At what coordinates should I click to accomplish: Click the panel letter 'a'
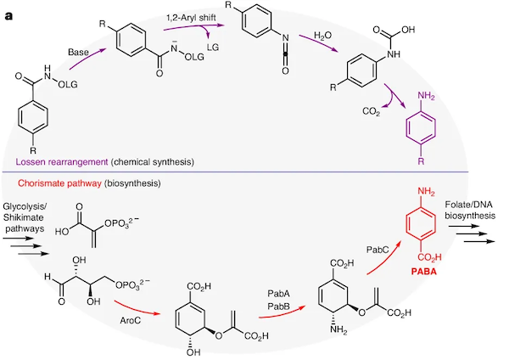click(8, 16)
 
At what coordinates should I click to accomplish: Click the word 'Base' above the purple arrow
click(78, 53)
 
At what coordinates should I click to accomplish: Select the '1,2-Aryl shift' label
click(191, 18)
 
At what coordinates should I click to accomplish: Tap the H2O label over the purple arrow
click(322, 36)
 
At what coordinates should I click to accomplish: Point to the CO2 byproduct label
click(371, 112)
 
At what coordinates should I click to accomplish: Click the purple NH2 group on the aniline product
click(426, 97)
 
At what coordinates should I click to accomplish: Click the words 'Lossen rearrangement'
click(62, 162)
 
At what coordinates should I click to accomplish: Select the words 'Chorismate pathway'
click(59, 183)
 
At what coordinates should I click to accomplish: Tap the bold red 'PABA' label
click(423, 272)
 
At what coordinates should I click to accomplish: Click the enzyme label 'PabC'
click(378, 250)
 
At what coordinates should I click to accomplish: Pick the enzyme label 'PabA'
click(279, 294)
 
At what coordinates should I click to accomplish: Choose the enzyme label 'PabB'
click(279, 306)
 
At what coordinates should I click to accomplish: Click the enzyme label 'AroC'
click(131, 321)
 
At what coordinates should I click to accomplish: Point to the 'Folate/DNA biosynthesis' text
click(470, 211)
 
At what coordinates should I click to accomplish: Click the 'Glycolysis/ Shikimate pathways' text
click(25, 217)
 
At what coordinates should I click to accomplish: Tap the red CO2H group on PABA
click(429, 257)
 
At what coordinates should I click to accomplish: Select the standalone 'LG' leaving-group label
click(213, 48)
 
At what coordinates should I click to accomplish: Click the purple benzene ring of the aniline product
click(421, 127)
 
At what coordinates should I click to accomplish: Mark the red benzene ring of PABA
click(421, 223)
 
